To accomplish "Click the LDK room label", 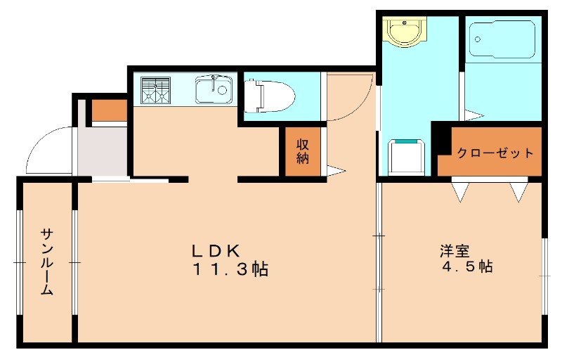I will [x=217, y=250].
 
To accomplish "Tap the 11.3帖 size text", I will [x=228, y=269].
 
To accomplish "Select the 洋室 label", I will [x=455, y=250].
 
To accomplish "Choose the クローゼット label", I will [x=495, y=153].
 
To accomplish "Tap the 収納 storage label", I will [x=303, y=151].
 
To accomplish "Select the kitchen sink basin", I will [x=214, y=89].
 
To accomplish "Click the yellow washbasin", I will [x=402, y=32].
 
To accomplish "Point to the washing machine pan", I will [x=407, y=157].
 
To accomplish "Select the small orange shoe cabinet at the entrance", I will [x=109, y=111].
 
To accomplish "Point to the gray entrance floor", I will [x=103, y=151].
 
